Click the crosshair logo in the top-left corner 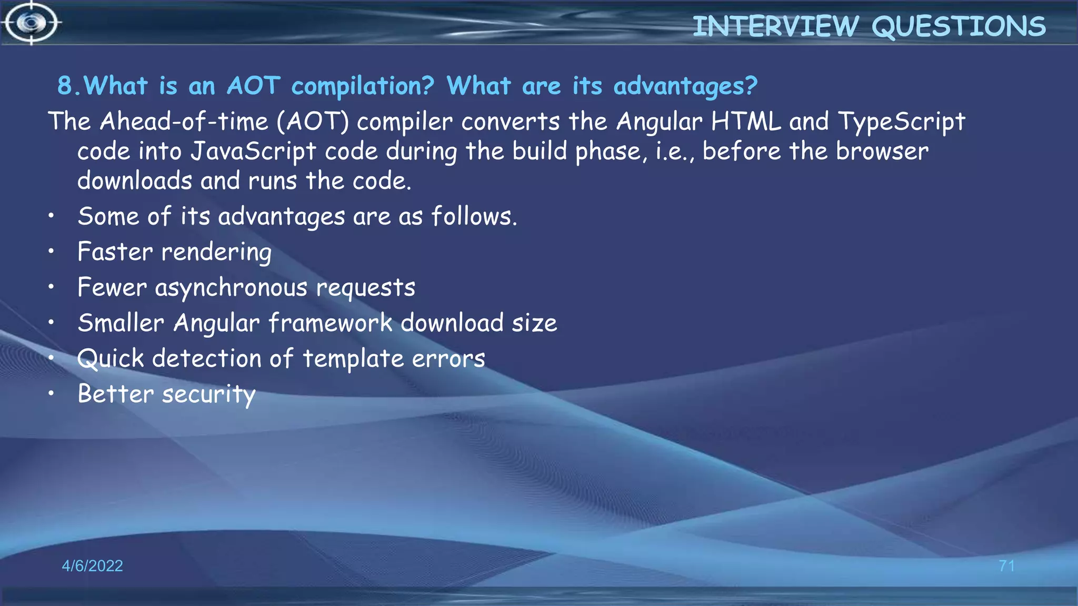point(32,23)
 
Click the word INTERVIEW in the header point(775,26)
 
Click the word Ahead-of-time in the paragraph point(184,122)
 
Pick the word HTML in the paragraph point(746,122)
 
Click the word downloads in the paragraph point(135,181)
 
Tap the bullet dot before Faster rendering point(51,251)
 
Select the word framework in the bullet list point(331,323)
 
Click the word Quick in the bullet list point(110,359)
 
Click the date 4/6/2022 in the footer point(92,566)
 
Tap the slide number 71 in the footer point(1006,566)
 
